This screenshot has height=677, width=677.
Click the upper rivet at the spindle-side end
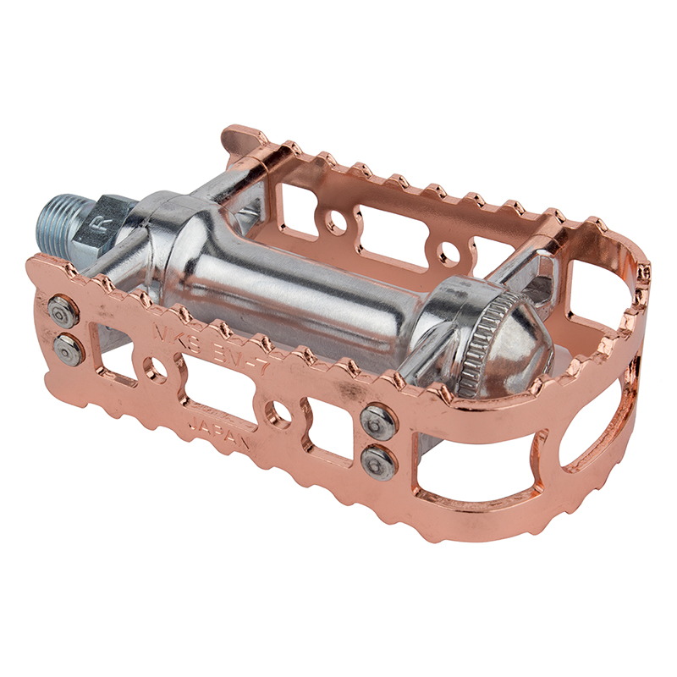pos(63,311)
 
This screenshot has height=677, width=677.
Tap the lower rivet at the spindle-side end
pos(69,348)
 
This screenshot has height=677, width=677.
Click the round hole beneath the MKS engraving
pos(155,369)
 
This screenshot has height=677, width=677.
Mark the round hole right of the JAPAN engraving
pos(278,413)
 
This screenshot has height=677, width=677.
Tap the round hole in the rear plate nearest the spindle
pos(336,223)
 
